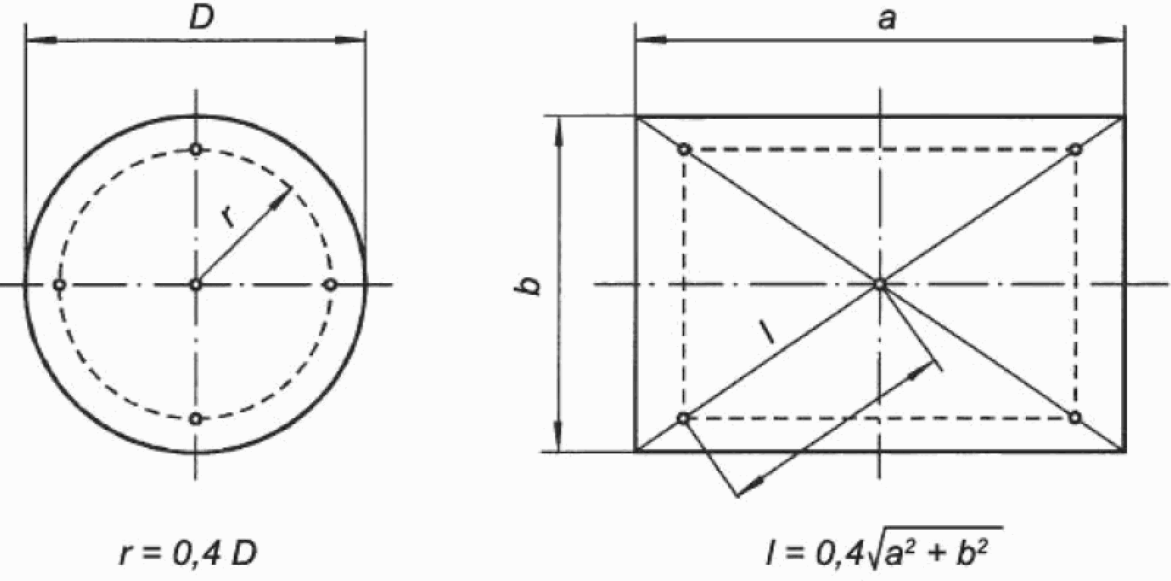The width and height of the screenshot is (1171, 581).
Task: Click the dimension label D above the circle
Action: tap(202, 19)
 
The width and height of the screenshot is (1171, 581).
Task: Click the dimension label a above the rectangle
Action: tap(886, 20)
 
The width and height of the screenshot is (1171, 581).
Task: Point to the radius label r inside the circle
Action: tap(228, 217)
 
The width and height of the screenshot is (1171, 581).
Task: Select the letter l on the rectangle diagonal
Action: tap(767, 333)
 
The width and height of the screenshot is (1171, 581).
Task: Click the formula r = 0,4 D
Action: tap(188, 554)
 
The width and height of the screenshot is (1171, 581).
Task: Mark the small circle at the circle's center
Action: tap(196, 285)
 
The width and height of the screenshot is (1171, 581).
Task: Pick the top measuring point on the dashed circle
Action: tap(196, 150)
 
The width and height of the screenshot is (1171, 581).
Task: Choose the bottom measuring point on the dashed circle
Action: tap(196, 419)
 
